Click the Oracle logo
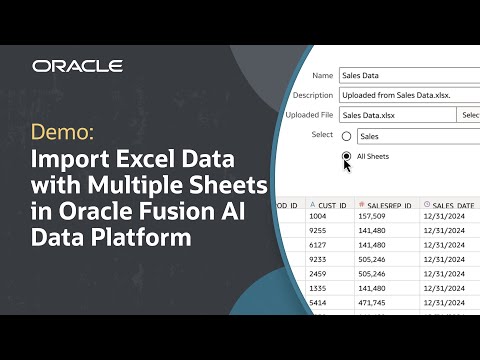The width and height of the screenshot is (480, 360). click(x=77, y=66)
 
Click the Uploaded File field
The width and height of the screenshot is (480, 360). click(x=395, y=115)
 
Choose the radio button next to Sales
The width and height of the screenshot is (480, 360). click(x=347, y=136)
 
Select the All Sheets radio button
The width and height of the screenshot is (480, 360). click(x=347, y=157)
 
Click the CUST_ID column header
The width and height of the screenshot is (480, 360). click(x=329, y=205)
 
